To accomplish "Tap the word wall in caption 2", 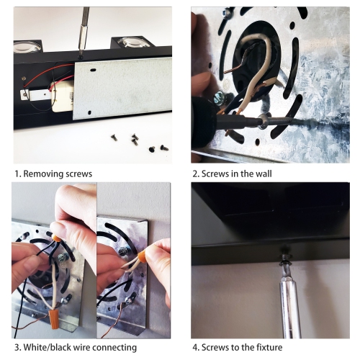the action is click(264, 174).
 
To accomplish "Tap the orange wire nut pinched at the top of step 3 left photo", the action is click(57, 239).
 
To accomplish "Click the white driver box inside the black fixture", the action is click(62, 96).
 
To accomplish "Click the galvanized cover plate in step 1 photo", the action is click(123, 88).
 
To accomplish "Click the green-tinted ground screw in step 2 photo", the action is click(219, 99).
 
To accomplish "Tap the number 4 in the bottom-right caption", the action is click(195, 347).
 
